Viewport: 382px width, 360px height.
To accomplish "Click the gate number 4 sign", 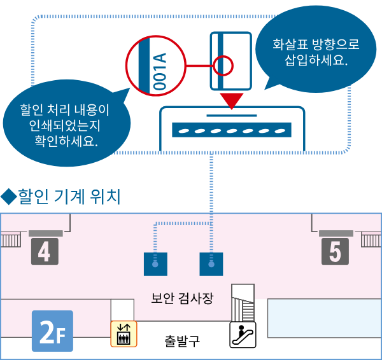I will [x=44, y=251].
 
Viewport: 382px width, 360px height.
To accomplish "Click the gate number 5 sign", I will [x=334, y=251].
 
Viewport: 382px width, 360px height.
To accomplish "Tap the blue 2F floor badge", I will [x=52, y=331].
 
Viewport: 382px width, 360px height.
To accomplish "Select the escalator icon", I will [x=243, y=334].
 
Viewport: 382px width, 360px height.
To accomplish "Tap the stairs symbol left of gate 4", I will [x=11, y=239].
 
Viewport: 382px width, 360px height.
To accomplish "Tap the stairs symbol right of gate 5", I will [x=371, y=239].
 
